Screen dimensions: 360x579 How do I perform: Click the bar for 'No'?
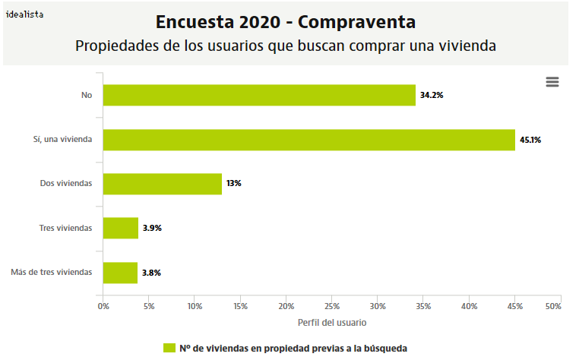(x=259, y=95)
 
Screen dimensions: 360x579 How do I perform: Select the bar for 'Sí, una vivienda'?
(x=308, y=140)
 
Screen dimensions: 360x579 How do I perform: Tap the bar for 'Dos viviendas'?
(x=162, y=184)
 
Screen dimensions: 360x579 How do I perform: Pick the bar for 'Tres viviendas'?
(x=121, y=228)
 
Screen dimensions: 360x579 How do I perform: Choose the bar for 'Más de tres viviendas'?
(x=120, y=272)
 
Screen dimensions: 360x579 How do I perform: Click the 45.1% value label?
(x=530, y=140)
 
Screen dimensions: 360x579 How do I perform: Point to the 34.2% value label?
(x=431, y=96)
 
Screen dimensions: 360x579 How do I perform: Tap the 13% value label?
(x=233, y=184)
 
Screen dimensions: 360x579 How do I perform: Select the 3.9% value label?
(x=153, y=228)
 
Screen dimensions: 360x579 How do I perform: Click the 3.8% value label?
(x=152, y=272)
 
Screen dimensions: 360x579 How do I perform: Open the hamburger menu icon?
(x=552, y=82)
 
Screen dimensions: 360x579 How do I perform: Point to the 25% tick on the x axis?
(x=332, y=306)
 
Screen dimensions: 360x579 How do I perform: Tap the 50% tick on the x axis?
(x=552, y=306)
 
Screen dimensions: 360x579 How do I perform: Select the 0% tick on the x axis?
(x=103, y=306)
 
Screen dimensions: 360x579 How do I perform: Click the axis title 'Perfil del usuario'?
(x=331, y=323)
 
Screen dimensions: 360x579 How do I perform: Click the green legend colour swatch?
(x=169, y=348)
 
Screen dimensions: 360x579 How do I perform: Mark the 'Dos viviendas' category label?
(x=65, y=184)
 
